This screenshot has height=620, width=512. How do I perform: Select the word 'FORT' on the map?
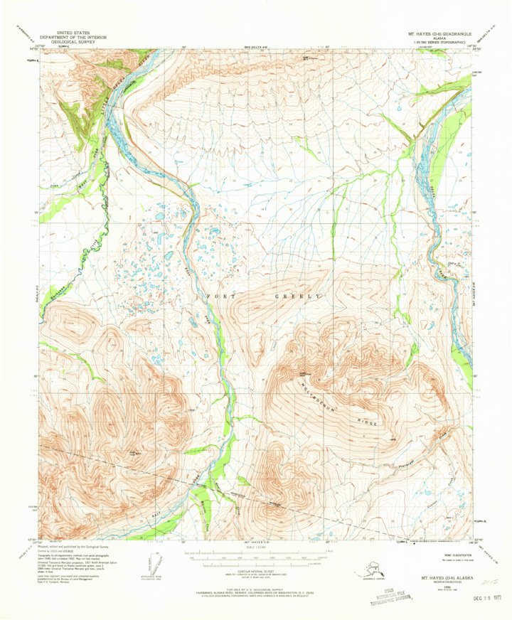pos(221,295)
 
